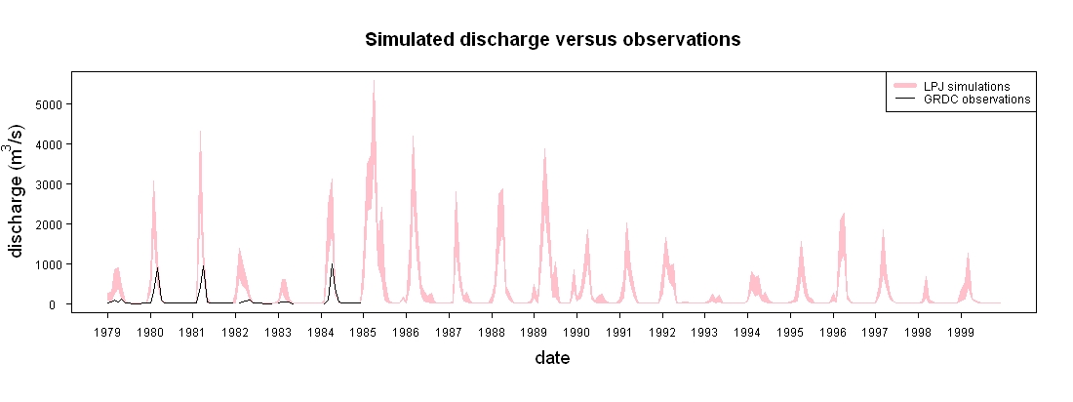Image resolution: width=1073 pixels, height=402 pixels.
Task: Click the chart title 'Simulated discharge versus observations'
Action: (x=552, y=40)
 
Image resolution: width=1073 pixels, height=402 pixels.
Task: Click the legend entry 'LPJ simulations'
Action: (x=967, y=86)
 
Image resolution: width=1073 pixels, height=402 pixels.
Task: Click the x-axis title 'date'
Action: (x=552, y=358)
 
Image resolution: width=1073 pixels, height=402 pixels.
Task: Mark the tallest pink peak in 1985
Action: (x=374, y=81)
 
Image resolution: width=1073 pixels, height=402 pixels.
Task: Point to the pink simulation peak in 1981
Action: (x=201, y=132)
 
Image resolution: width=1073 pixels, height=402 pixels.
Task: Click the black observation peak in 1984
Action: (x=332, y=264)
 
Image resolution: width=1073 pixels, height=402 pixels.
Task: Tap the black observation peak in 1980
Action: (x=157, y=267)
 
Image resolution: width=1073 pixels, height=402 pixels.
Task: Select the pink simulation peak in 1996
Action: (x=844, y=214)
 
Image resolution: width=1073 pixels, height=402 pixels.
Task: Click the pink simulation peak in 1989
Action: (x=544, y=149)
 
